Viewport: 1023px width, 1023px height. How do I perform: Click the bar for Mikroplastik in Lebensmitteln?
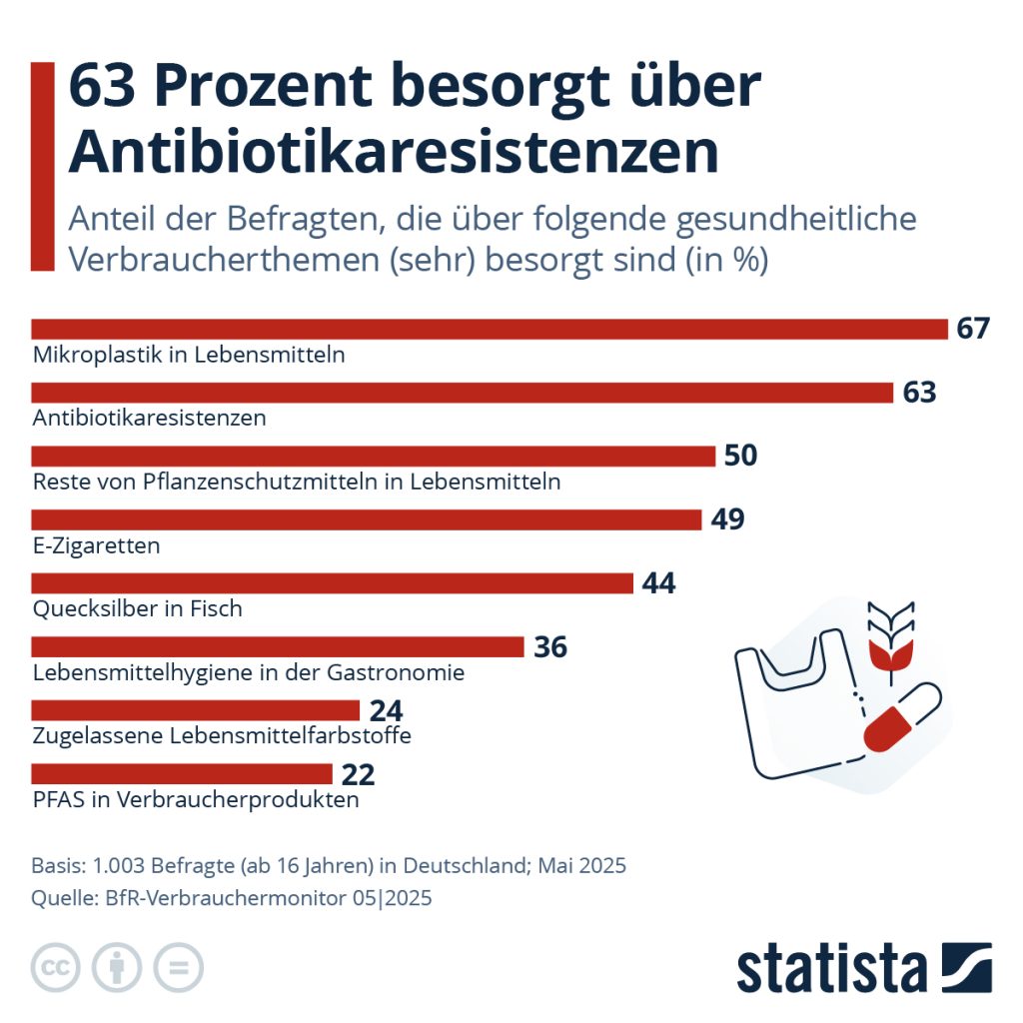pyautogui.click(x=490, y=329)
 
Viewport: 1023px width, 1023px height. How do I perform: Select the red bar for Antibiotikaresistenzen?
pyautogui.click(x=462, y=393)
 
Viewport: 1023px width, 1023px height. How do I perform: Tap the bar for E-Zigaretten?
pyautogui.click(x=367, y=519)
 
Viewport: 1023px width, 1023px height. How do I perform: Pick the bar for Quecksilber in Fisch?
pyautogui.click(x=333, y=583)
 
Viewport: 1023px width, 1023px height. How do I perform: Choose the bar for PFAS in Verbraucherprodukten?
pyautogui.click(x=182, y=773)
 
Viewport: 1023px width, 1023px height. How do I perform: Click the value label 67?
pyautogui.click(x=972, y=329)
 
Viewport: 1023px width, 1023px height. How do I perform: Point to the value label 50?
pyautogui.click(x=740, y=457)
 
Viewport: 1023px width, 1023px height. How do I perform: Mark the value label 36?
pyautogui.click(x=550, y=647)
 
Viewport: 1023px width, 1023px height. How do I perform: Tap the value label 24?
pyautogui.click(x=386, y=710)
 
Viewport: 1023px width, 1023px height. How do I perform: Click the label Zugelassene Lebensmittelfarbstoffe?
pyautogui.click(x=222, y=736)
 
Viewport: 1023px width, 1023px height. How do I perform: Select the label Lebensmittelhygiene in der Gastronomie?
pyautogui.click(x=249, y=672)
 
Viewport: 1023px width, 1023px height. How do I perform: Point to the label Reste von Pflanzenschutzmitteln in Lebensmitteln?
pyautogui.click(x=297, y=482)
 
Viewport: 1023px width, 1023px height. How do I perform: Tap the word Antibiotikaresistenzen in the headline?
pyautogui.click(x=393, y=153)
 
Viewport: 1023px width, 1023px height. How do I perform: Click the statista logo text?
pyautogui.click(x=831, y=969)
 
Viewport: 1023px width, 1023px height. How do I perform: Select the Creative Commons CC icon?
pyautogui.click(x=57, y=967)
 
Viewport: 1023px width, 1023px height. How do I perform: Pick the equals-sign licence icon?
pyautogui.click(x=178, y=967)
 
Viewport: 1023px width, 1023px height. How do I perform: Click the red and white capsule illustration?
pyautogui.click(x=901, y=717)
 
